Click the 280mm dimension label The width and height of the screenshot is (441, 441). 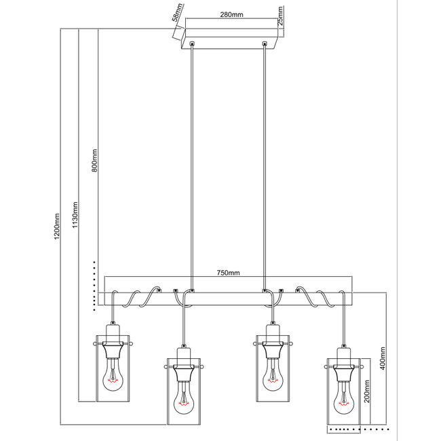tap(231, 14)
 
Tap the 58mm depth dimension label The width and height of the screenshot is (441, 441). tap(177, 12)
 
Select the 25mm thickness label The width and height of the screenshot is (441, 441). tap(280, 16)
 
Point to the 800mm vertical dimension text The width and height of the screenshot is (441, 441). tap(94, 161)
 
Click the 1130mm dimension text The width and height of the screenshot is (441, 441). tap(75, 215)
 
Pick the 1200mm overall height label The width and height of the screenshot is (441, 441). tap(57, 227)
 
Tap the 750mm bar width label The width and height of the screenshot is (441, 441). tap(228, 273)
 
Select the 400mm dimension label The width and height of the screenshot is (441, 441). tap(383, 358)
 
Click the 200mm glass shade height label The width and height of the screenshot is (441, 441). tap(367, 391)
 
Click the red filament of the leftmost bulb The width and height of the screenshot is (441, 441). tap(113, 381)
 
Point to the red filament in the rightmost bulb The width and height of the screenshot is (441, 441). tap(343, 404)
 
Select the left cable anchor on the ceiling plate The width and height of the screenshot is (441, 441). tap(192, 44)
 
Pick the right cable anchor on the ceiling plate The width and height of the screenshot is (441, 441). tap(264, 44)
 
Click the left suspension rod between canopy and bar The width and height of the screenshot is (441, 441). tap(192, 168)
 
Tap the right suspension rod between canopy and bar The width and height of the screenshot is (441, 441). tap(264, 168)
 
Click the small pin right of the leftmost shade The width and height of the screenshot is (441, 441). tap(131, 344)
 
